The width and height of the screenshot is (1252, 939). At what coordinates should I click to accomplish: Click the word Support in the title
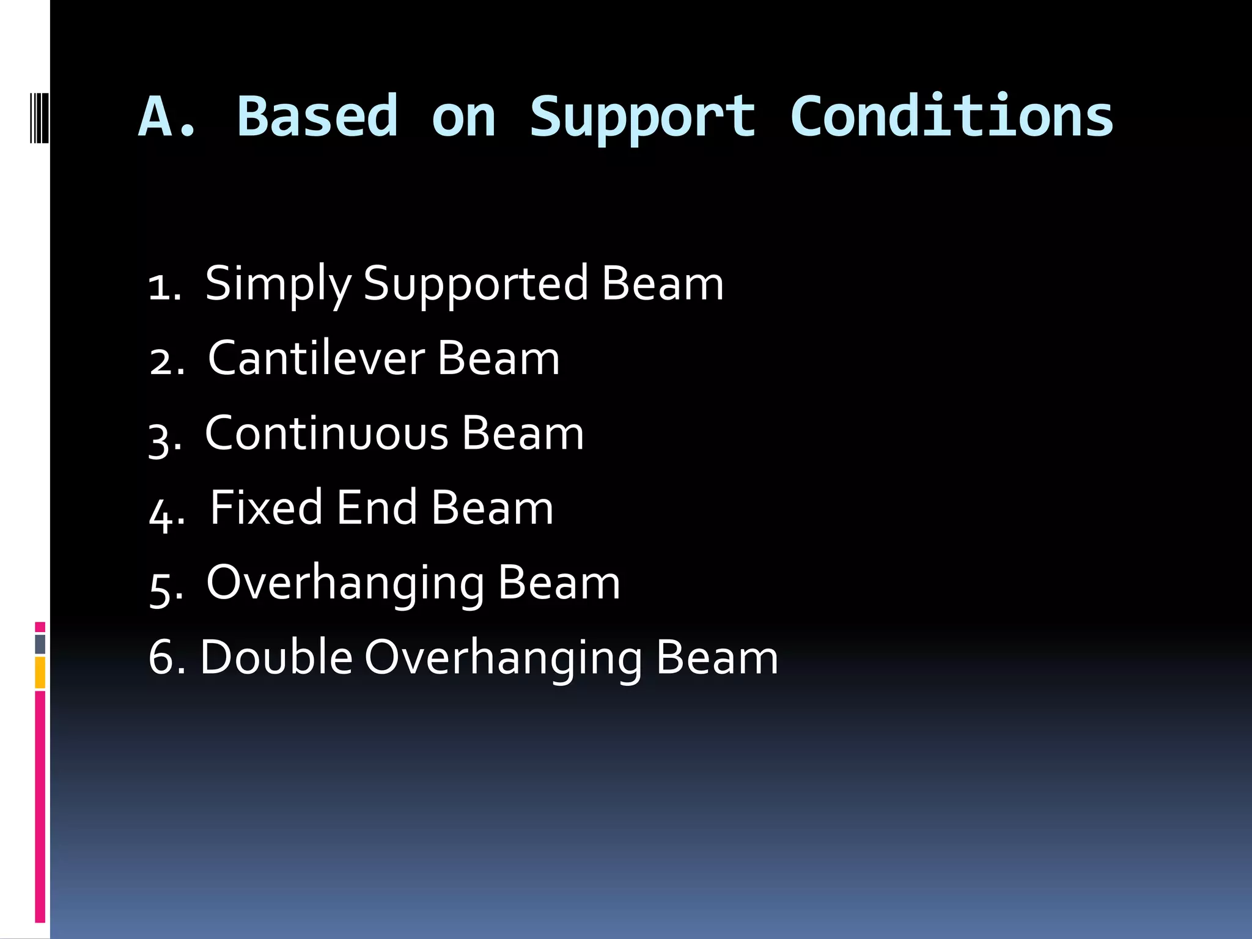click(x=642, y=117)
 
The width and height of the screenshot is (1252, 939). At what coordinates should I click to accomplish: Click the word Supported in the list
click(x=475, y=284)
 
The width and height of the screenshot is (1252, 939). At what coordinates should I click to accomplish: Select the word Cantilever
click(x=316, y=358)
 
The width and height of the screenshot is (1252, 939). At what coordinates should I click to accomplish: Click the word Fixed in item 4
click(x=266, y=507)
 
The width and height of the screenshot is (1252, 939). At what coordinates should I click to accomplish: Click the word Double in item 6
click(x=276, y=657)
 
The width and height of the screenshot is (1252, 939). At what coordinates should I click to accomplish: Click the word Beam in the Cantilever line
click(x=498, y=358)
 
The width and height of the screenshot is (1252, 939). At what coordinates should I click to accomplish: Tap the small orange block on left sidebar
click(x=40, y=672)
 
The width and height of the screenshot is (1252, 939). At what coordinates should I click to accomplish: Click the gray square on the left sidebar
click(x=40, y=644)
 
